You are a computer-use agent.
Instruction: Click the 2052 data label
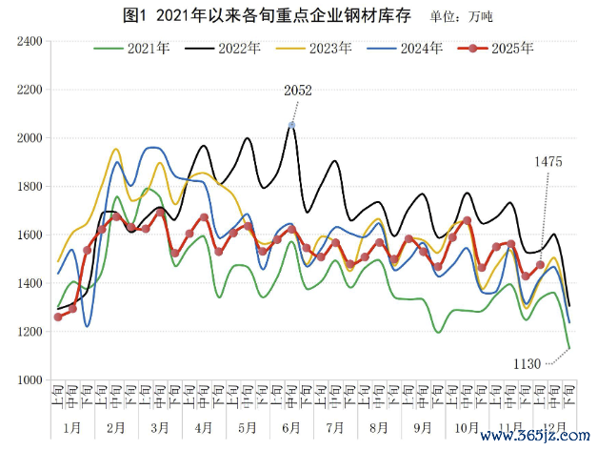pos(297,91)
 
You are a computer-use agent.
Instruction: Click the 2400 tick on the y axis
pos(30,42)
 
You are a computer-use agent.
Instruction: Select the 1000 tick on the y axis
pos(30,379)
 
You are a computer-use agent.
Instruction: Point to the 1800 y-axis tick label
pos(30,187)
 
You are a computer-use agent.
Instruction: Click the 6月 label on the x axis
pos(291,426)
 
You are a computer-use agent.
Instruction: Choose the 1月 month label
pos(72,426)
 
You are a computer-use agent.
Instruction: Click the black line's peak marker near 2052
pos(291,125)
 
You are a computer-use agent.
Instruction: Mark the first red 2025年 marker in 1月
pos(58,317)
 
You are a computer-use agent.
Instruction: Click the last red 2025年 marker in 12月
pos(540,265)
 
